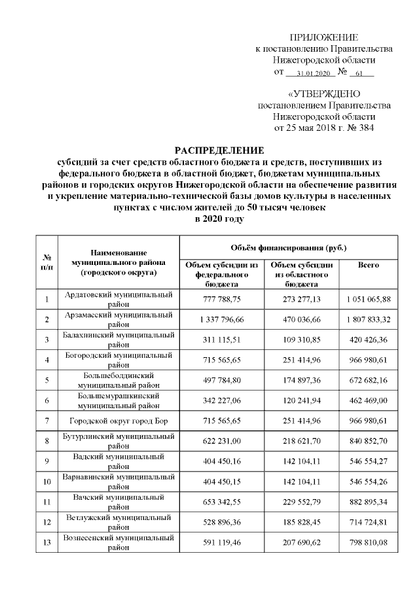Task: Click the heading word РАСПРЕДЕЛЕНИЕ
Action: point(220,150)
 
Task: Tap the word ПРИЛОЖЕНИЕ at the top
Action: point(324,37)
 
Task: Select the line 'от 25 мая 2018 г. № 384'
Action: point(324,128)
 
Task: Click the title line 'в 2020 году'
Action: point(220,219)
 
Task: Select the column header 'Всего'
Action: point(369,265)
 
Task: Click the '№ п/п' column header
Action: point(47,262)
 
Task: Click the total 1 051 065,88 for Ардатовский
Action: point(369,299)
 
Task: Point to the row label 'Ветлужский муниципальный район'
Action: point(120,522)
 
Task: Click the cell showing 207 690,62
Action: point(302,542)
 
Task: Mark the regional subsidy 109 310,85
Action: point(302,340)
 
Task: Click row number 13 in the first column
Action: point(47,542)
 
